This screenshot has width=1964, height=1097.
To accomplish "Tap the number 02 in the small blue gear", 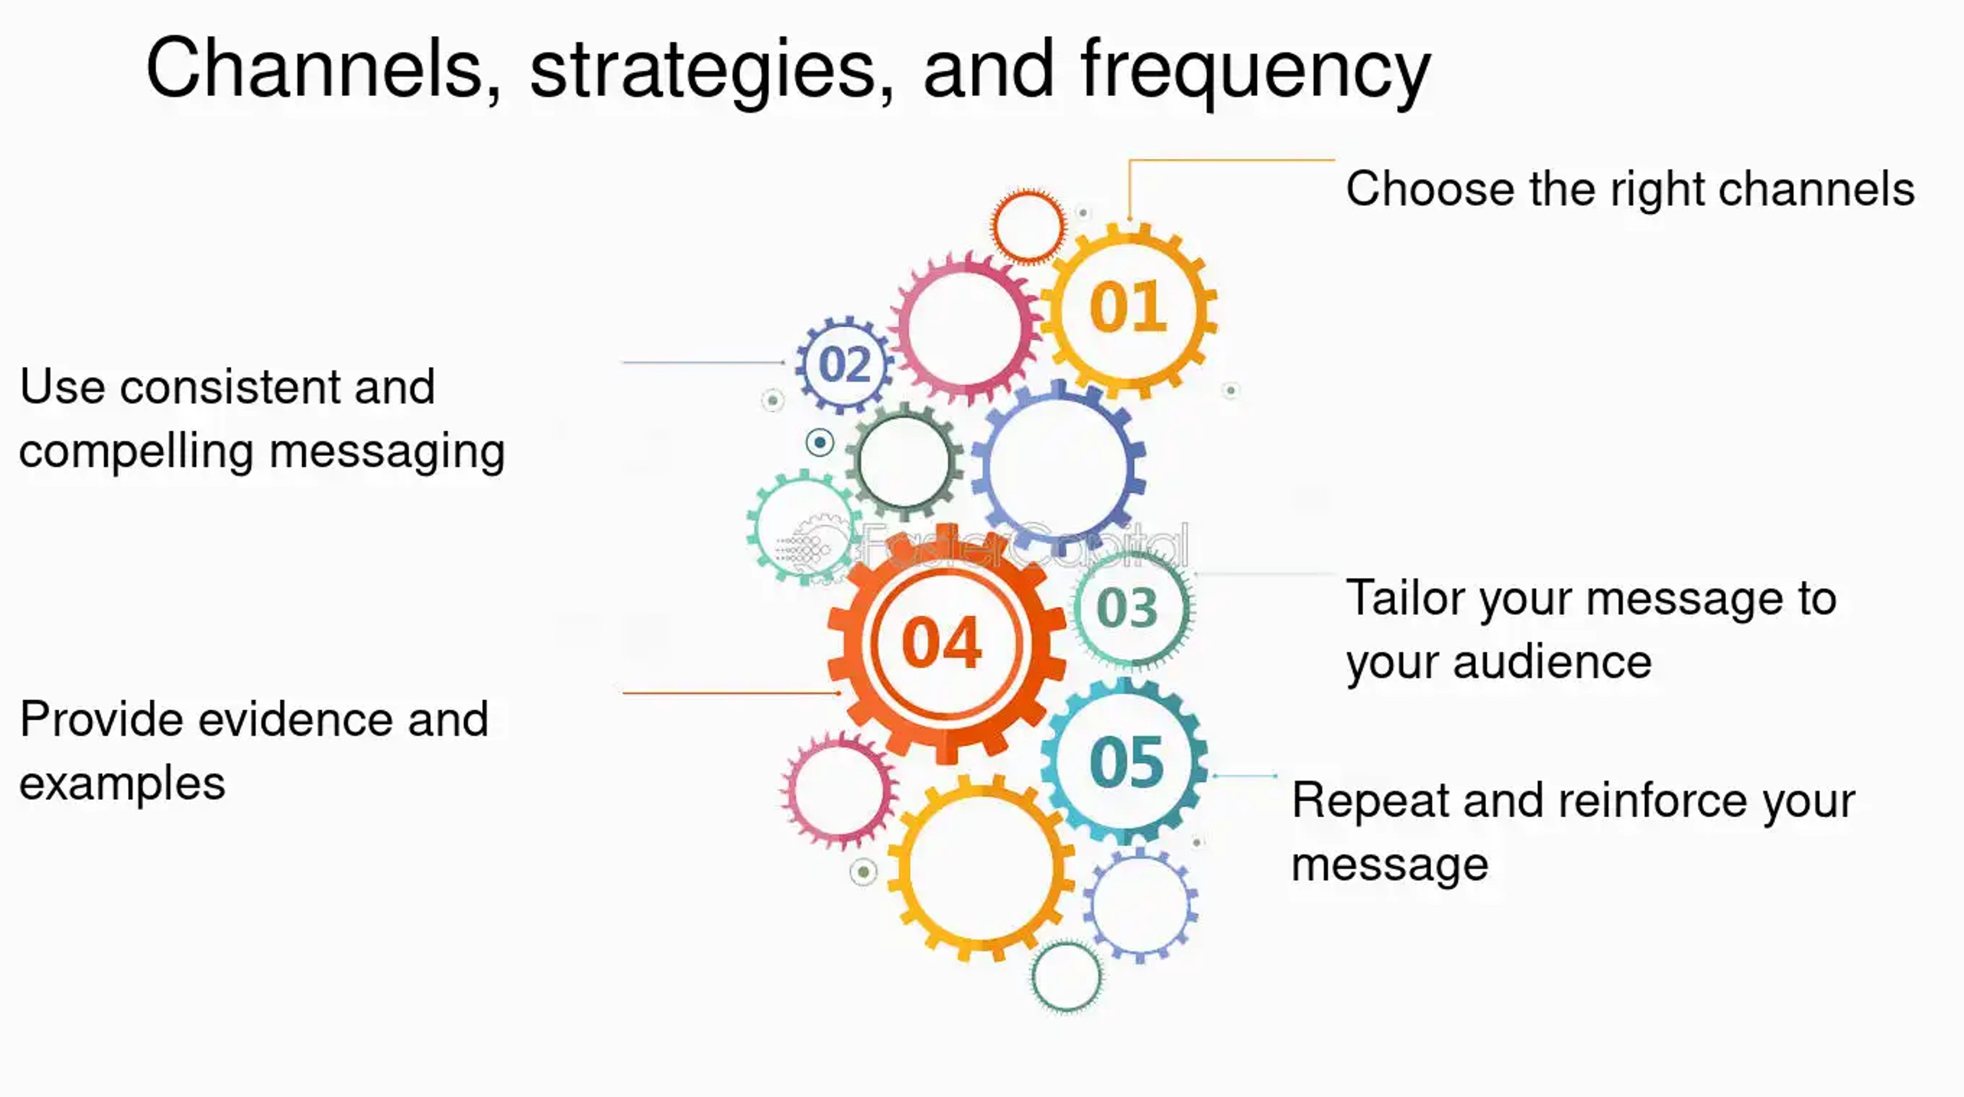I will pos(844,365).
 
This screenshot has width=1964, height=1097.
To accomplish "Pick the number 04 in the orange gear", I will pos(942,643).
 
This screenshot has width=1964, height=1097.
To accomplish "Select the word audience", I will pos(1552,662).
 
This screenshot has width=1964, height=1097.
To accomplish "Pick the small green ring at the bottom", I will pos(1066,976).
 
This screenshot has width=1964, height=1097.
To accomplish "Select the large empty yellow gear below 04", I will pos(982,868).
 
